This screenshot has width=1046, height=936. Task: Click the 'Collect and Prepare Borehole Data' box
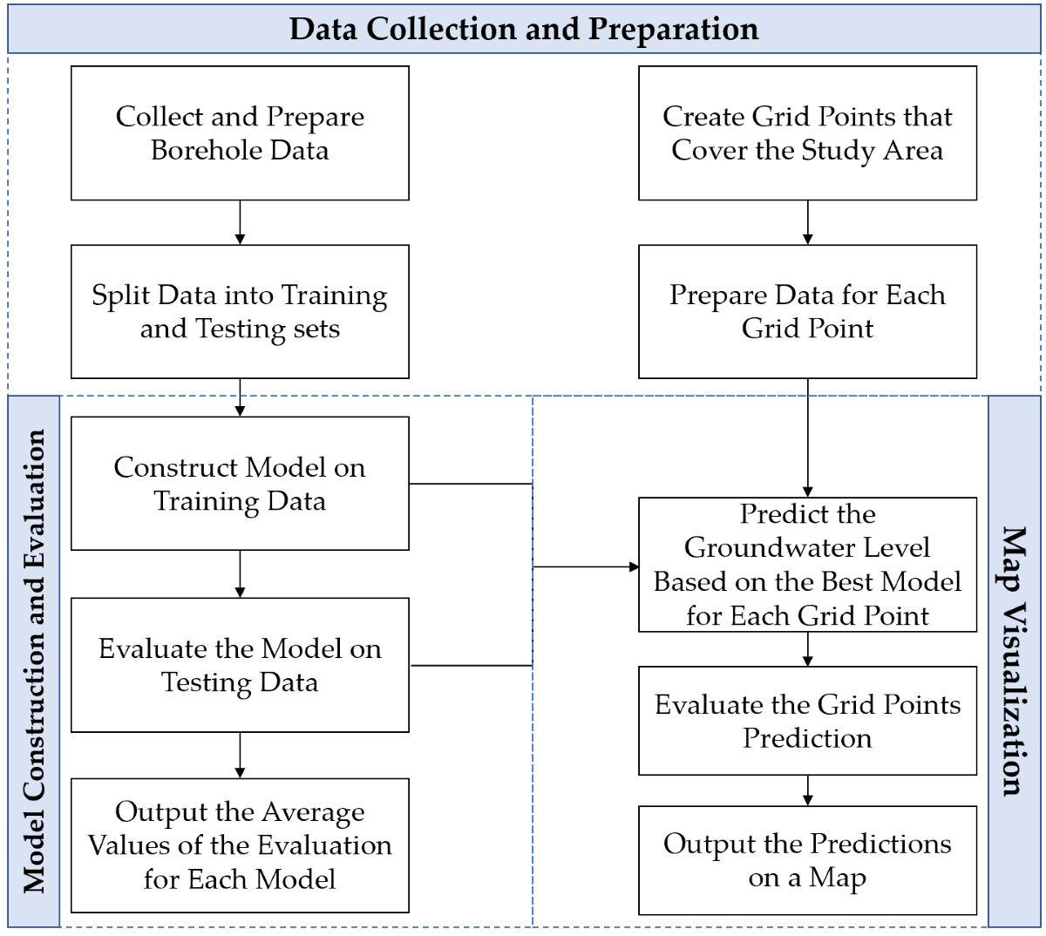coord(240,133)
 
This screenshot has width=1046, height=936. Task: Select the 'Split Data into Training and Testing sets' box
coord(240,312)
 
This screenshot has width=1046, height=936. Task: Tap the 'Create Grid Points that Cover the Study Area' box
coord(807,133)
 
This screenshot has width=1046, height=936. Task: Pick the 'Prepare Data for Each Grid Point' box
coord(807,312)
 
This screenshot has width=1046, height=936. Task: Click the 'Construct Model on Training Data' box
coord(240,484)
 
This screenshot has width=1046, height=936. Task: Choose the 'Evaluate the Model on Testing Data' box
coord(240,665)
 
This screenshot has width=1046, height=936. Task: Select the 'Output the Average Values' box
coord(240,845)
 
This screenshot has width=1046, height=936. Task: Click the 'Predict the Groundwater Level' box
coord(807,565)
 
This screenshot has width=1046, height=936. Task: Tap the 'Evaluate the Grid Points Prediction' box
coord(807,721)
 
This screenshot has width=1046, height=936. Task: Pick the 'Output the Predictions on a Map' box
coord(807,860)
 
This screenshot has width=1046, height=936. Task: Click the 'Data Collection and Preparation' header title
coord(524,29)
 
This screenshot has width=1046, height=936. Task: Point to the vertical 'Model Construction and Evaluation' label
coord(34,661)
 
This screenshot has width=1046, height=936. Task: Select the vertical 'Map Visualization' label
coord(1013,661)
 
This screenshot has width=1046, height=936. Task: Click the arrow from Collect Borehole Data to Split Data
coord(240,223)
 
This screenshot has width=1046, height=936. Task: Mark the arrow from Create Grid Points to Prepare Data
coord(807,223)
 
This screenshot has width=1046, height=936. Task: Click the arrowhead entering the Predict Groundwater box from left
coord(634,566)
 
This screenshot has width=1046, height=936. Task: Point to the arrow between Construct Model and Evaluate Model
coord(240,574)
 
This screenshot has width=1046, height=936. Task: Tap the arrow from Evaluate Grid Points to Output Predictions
coord(807,791)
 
